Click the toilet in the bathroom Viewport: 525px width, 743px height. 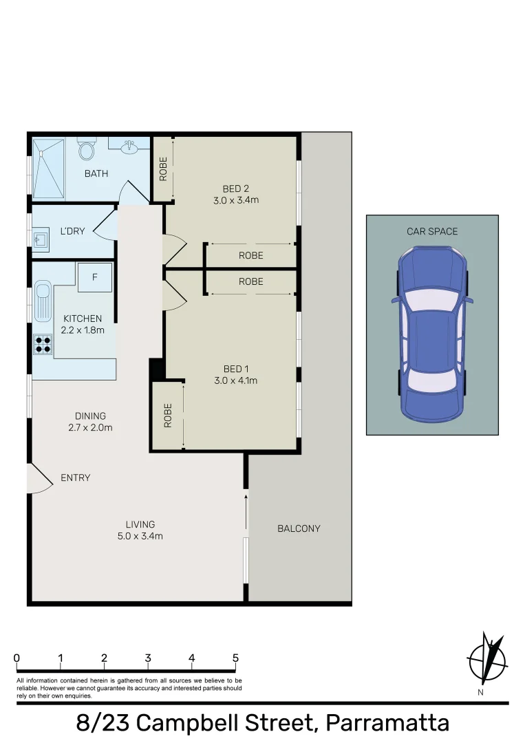87,149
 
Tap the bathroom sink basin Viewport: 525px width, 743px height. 129,147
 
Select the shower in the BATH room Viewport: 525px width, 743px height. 48,169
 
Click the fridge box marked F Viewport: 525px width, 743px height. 94,277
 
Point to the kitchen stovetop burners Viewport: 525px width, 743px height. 43,343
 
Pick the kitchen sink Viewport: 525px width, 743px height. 43,301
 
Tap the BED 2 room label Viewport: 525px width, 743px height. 235,189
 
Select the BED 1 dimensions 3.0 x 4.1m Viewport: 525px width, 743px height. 235,380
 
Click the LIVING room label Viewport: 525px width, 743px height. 140,524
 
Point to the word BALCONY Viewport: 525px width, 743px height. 299,528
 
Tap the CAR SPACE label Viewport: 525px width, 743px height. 431,232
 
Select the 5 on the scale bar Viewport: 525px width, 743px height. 235,658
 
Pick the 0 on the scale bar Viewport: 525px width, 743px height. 17,658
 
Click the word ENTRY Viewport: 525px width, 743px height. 75,477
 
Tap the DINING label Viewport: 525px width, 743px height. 91,416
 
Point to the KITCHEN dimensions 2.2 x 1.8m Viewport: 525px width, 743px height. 83,330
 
